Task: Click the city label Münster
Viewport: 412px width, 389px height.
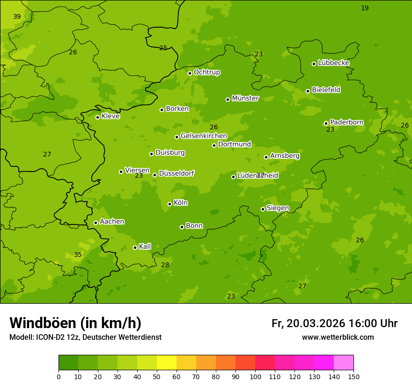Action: pyautogui.click(x=245, y=98)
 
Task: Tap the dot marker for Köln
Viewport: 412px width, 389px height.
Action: pyautogui.click(x=169, y=204)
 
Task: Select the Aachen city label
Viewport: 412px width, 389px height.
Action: pyautogui.click(x=112, y=222)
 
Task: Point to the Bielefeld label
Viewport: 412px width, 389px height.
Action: pyautogui.click(x=326, y=90)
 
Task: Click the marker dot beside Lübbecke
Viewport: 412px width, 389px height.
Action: pyautogui.click(x=314, y=64)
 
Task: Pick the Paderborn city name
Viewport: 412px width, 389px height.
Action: pyautogui.click(x=346, y=122)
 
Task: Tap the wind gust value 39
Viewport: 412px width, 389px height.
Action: pyautogui.click(x=17, y=17)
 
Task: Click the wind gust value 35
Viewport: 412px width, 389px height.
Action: pyautogui.click(x=78, y=255)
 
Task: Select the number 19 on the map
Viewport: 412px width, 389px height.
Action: pyautogui.click(x=365, y=8)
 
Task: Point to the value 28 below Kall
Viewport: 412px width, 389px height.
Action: pyautogui.click(x=165, y=265)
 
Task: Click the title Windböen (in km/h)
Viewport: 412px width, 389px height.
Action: pyautogui.click(x=75, y=323)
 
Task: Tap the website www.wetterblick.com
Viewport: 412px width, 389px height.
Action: pyautogui.click(x=338, y=337)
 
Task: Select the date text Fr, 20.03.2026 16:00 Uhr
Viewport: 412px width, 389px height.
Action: pyautogui.click(x=334, y=323)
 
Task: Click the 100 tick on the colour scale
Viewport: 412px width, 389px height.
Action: pyautogui.click(x=255, y=376)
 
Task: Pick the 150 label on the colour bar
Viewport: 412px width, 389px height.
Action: pyautogui.click(x=353, y=376)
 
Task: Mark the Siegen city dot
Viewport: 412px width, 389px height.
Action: pyautogui.click(x=263, y=209)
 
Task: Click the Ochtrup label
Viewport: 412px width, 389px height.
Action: pyautogui.click(x=206, y=72)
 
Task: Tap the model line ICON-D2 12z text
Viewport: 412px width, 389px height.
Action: pyautogui.click(x=85, y=337)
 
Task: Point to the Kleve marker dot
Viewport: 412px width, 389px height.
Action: pyautogui.click(x=97, y=117)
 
